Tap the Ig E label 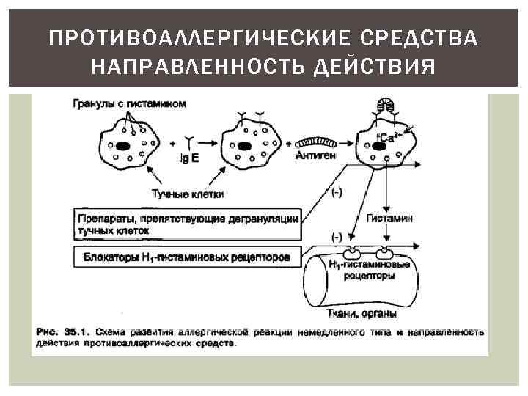point(188,157)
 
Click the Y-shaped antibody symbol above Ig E point(189,140)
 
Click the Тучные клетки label point(188,194)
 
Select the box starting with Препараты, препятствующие point(188,224)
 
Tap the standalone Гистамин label point(389,219)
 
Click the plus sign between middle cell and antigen point(288,143)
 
